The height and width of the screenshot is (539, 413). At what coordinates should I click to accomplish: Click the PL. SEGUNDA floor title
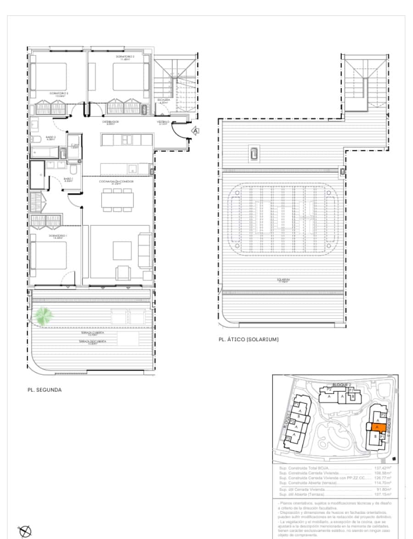click(x=44, y=390)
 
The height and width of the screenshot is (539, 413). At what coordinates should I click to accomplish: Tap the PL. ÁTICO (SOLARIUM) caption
click(x=249, y=340)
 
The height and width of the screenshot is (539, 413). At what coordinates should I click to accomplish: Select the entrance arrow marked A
click(x=195, y=131)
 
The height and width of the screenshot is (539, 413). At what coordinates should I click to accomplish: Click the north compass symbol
click(x=26, y=531)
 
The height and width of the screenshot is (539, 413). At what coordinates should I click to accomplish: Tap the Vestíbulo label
click(x=163, y=122)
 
